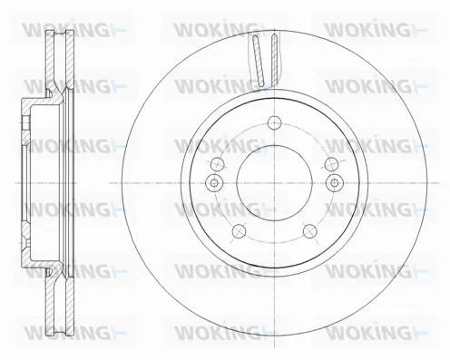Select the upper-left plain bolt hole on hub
point(219,164)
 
